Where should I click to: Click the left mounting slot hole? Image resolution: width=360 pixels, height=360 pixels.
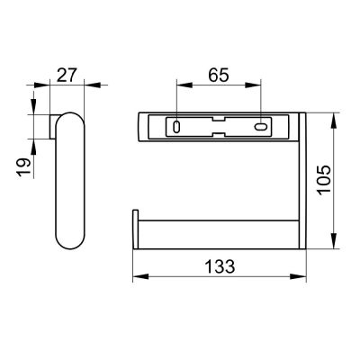pyautogui.click(x=176, y=128)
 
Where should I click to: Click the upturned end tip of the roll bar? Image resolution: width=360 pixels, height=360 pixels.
pyautogui.click(x=136, y=229)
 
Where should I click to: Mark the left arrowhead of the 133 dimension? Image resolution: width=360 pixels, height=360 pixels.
pyautogui.click(x=138, y=278)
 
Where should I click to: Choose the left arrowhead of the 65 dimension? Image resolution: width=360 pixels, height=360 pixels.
pyautogui.click(x=177, y=87)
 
